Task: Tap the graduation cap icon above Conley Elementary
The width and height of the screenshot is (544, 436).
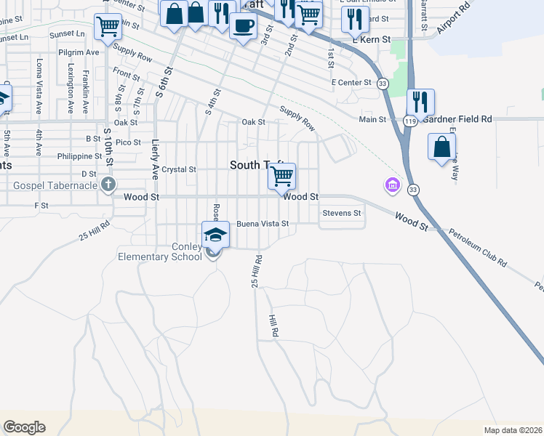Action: coord(215,235)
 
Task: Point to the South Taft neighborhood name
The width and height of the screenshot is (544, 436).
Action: coord(256,166)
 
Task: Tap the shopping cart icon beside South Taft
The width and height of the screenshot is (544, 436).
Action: coord(281,176)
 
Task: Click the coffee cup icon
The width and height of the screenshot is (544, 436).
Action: coord(243,26)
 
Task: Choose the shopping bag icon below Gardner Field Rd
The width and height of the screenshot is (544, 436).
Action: coord(441,147)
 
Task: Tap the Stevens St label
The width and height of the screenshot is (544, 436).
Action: coord(342,213)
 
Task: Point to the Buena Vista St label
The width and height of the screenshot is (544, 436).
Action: coord(263,224)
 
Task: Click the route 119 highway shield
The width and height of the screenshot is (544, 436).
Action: coord(411,121)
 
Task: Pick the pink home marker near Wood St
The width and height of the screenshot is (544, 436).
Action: coord(392,185)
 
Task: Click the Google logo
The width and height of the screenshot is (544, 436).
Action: coord(25,427)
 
